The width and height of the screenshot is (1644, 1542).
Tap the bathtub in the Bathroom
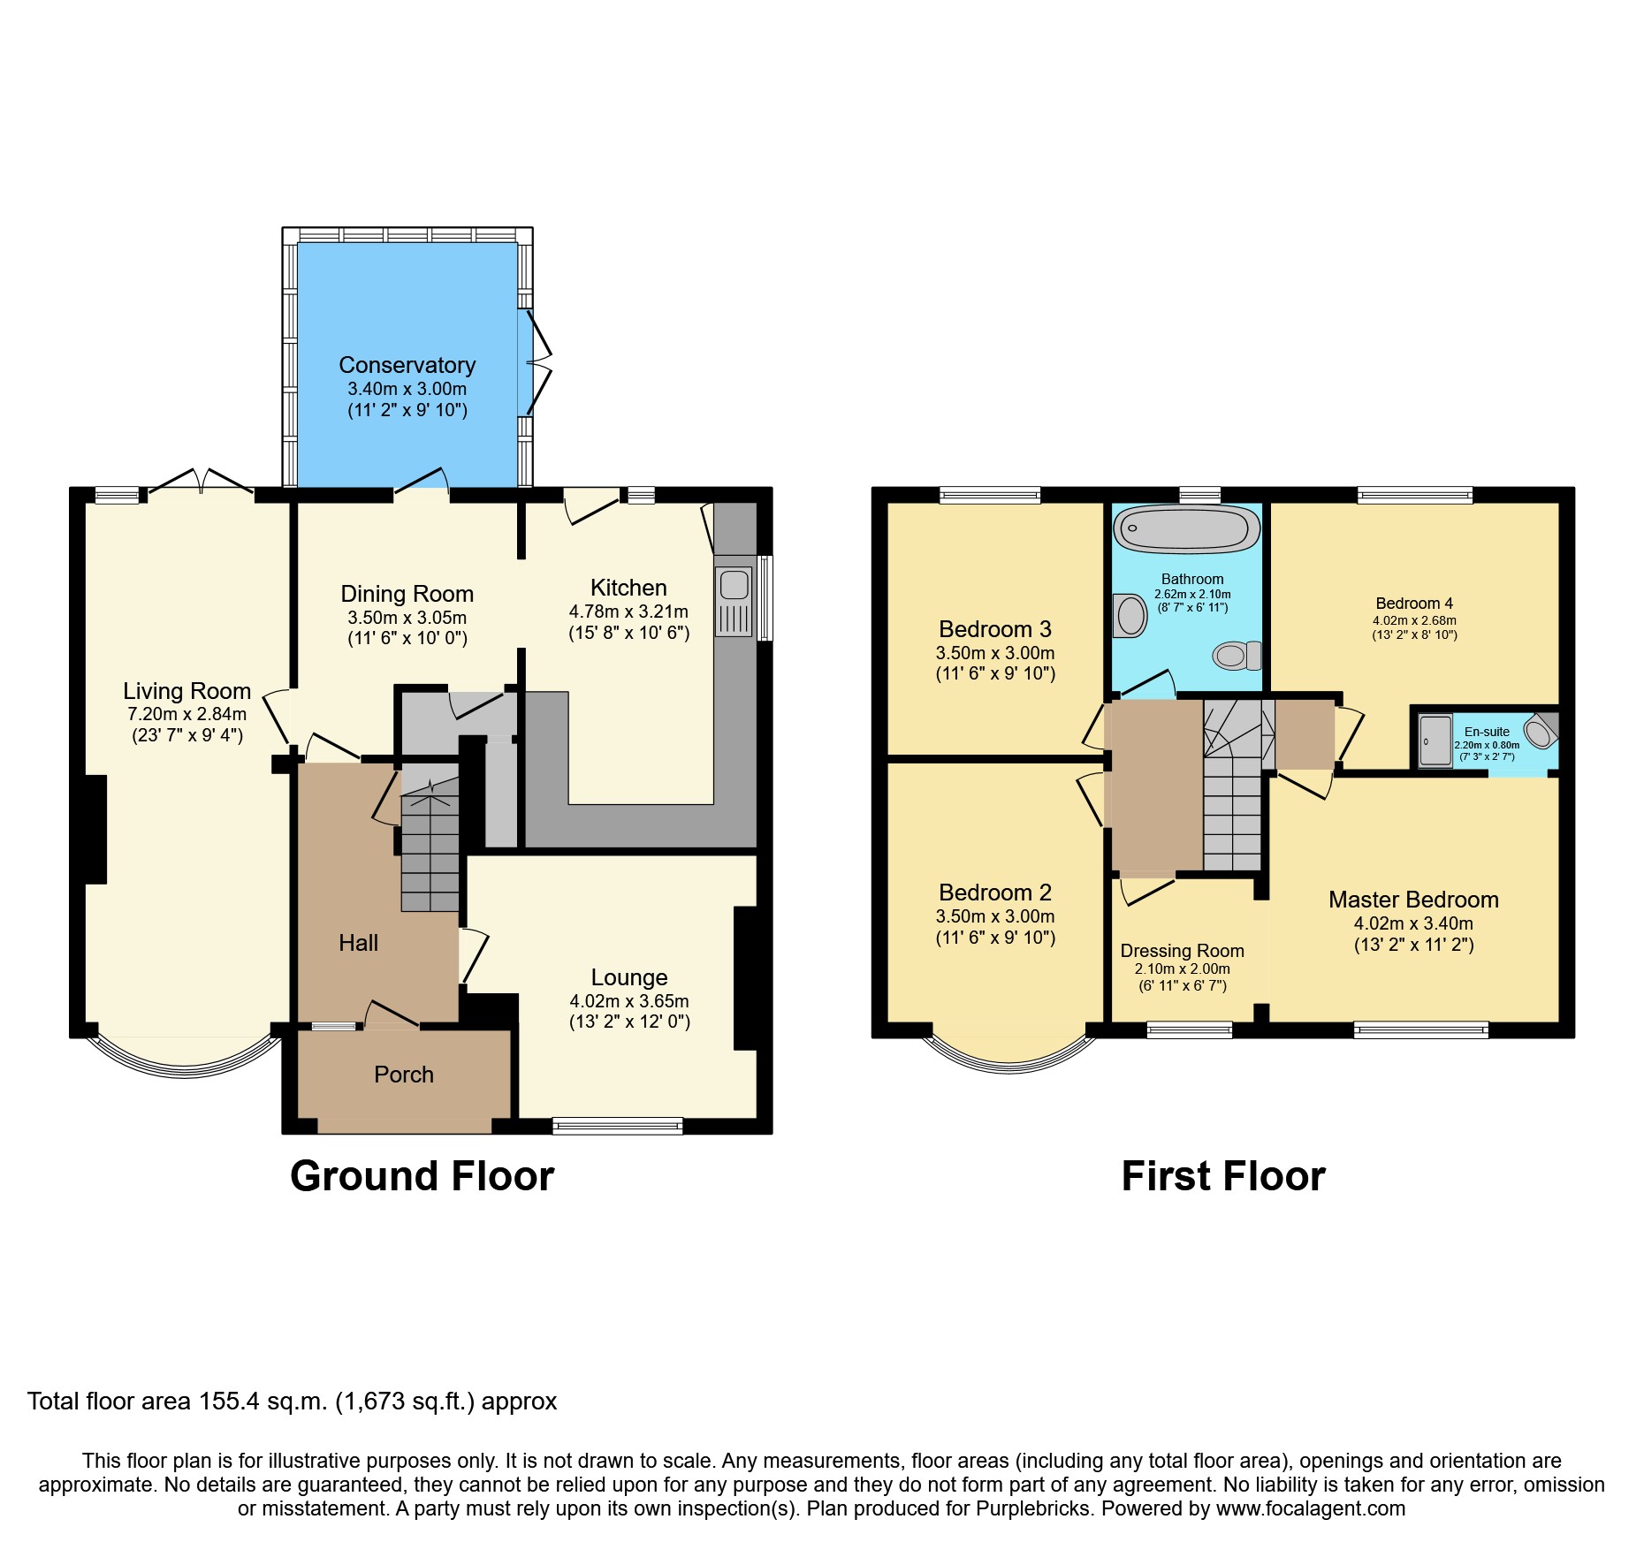tap(1187, 529)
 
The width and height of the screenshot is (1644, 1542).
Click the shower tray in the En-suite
tap(1435, 741)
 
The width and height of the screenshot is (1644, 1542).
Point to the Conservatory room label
tap(407, 365)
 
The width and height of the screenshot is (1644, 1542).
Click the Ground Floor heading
tap(422, 1176)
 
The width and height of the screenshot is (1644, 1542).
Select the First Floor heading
tap(1222, 1176)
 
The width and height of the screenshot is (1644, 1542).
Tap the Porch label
tap(404, 1075)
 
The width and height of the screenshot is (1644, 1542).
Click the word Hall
tap(358, 943)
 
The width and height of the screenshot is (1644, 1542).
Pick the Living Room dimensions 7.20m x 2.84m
tap(186, 714)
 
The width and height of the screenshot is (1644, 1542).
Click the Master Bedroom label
tap(1412, 900)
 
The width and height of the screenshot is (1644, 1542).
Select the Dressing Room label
tap(1182, 951)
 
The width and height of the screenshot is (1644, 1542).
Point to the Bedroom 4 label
tap(1413, 604)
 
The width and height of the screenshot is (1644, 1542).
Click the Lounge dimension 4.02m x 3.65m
tap(628, 1001)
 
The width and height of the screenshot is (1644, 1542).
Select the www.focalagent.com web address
tap(1310, 1508)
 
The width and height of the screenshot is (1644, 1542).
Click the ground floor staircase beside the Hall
tap(430, 848)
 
